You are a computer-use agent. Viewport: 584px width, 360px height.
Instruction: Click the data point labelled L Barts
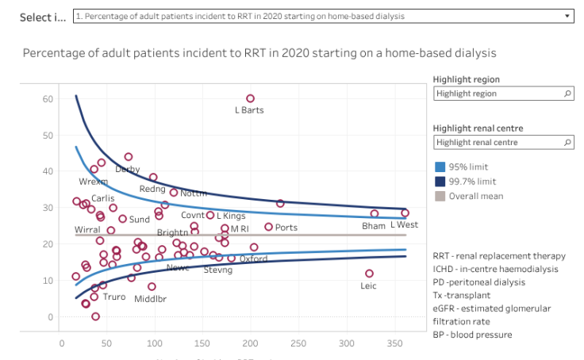(x=251, y=99)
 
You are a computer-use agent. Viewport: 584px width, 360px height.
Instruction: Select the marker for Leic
(x=369, y=274)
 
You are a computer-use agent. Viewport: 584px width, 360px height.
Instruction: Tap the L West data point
(x=405, y=213)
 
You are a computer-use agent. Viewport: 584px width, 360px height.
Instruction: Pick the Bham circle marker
(x=375, y=213)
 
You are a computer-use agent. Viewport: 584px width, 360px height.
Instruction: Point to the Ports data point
(x=268, y=227)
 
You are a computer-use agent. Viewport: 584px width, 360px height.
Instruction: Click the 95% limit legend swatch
(x=440, y=167)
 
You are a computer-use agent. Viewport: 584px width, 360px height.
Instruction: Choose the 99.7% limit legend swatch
(x=440, y=182)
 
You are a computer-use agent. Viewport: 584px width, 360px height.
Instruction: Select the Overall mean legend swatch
(x=440, y=196)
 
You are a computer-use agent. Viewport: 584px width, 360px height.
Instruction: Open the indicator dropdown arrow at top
(x=567, y=16)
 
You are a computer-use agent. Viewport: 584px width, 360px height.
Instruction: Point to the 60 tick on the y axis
(x=48, y=99)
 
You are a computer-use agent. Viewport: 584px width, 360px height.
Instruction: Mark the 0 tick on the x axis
(x=62, y=344)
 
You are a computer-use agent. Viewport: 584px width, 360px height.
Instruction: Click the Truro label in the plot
(x=114, y=297)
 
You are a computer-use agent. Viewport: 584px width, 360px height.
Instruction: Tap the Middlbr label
(x=150, y=299)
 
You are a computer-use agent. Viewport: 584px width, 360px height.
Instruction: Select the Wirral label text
(x=87, y=230)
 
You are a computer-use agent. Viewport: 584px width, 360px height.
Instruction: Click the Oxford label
(x=254, y=259)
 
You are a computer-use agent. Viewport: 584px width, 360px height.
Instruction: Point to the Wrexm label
(x=93, y=182)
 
